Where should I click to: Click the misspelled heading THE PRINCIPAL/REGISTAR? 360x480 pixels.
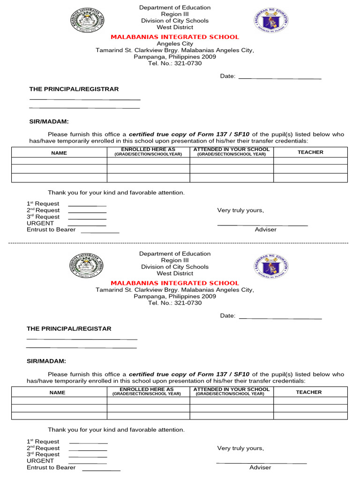69,329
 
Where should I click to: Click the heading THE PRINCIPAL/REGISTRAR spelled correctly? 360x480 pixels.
74,89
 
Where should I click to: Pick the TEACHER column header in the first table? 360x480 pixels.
310,152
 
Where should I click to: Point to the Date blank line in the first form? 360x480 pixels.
280,78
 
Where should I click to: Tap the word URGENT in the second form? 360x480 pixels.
40,461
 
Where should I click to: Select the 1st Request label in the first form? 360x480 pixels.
43,203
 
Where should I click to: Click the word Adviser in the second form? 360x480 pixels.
260,467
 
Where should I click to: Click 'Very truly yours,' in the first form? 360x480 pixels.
240,210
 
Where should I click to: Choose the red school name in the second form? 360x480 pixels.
175,283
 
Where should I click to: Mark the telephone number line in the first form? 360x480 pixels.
175,63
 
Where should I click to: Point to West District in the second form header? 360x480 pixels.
175,273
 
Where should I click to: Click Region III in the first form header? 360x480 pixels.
175,14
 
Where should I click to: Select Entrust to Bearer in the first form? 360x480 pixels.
51,230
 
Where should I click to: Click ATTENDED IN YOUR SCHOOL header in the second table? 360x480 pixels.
232,390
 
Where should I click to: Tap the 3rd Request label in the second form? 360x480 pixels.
43,454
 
